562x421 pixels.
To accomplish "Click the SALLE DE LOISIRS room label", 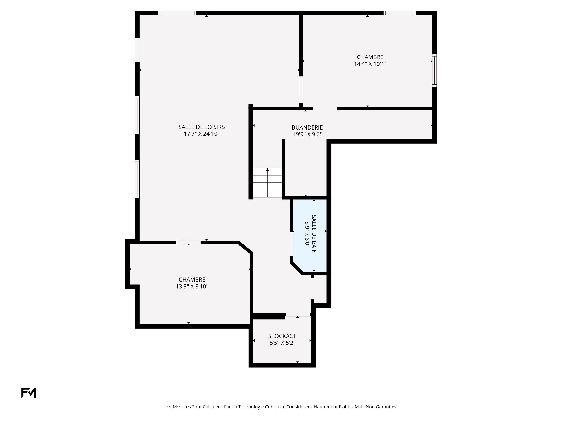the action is (202, 127).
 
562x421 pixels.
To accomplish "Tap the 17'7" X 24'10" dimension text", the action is (202, 134).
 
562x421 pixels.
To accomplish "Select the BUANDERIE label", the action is (307, 127).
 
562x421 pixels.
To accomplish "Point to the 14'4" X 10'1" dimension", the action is (370, 64).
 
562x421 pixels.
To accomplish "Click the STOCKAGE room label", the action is (282, 336).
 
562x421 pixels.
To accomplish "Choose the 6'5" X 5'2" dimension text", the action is (282, 343).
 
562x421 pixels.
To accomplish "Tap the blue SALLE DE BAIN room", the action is (310, 235).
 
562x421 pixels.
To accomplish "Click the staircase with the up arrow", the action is (267, 182).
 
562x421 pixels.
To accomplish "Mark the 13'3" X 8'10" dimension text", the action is (192, 287).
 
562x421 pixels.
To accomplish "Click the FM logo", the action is (29, 393).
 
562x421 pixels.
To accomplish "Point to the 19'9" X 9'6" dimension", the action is (307, 134).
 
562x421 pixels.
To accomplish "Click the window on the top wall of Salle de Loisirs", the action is (177, 13).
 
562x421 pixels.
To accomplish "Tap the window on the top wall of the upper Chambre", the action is (400, 13).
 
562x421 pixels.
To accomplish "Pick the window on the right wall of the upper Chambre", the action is (435, 70).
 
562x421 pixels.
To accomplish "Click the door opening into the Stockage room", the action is (298, 315).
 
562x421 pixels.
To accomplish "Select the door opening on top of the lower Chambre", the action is (188, 242).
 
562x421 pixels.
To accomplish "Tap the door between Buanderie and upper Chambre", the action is (325, 108).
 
